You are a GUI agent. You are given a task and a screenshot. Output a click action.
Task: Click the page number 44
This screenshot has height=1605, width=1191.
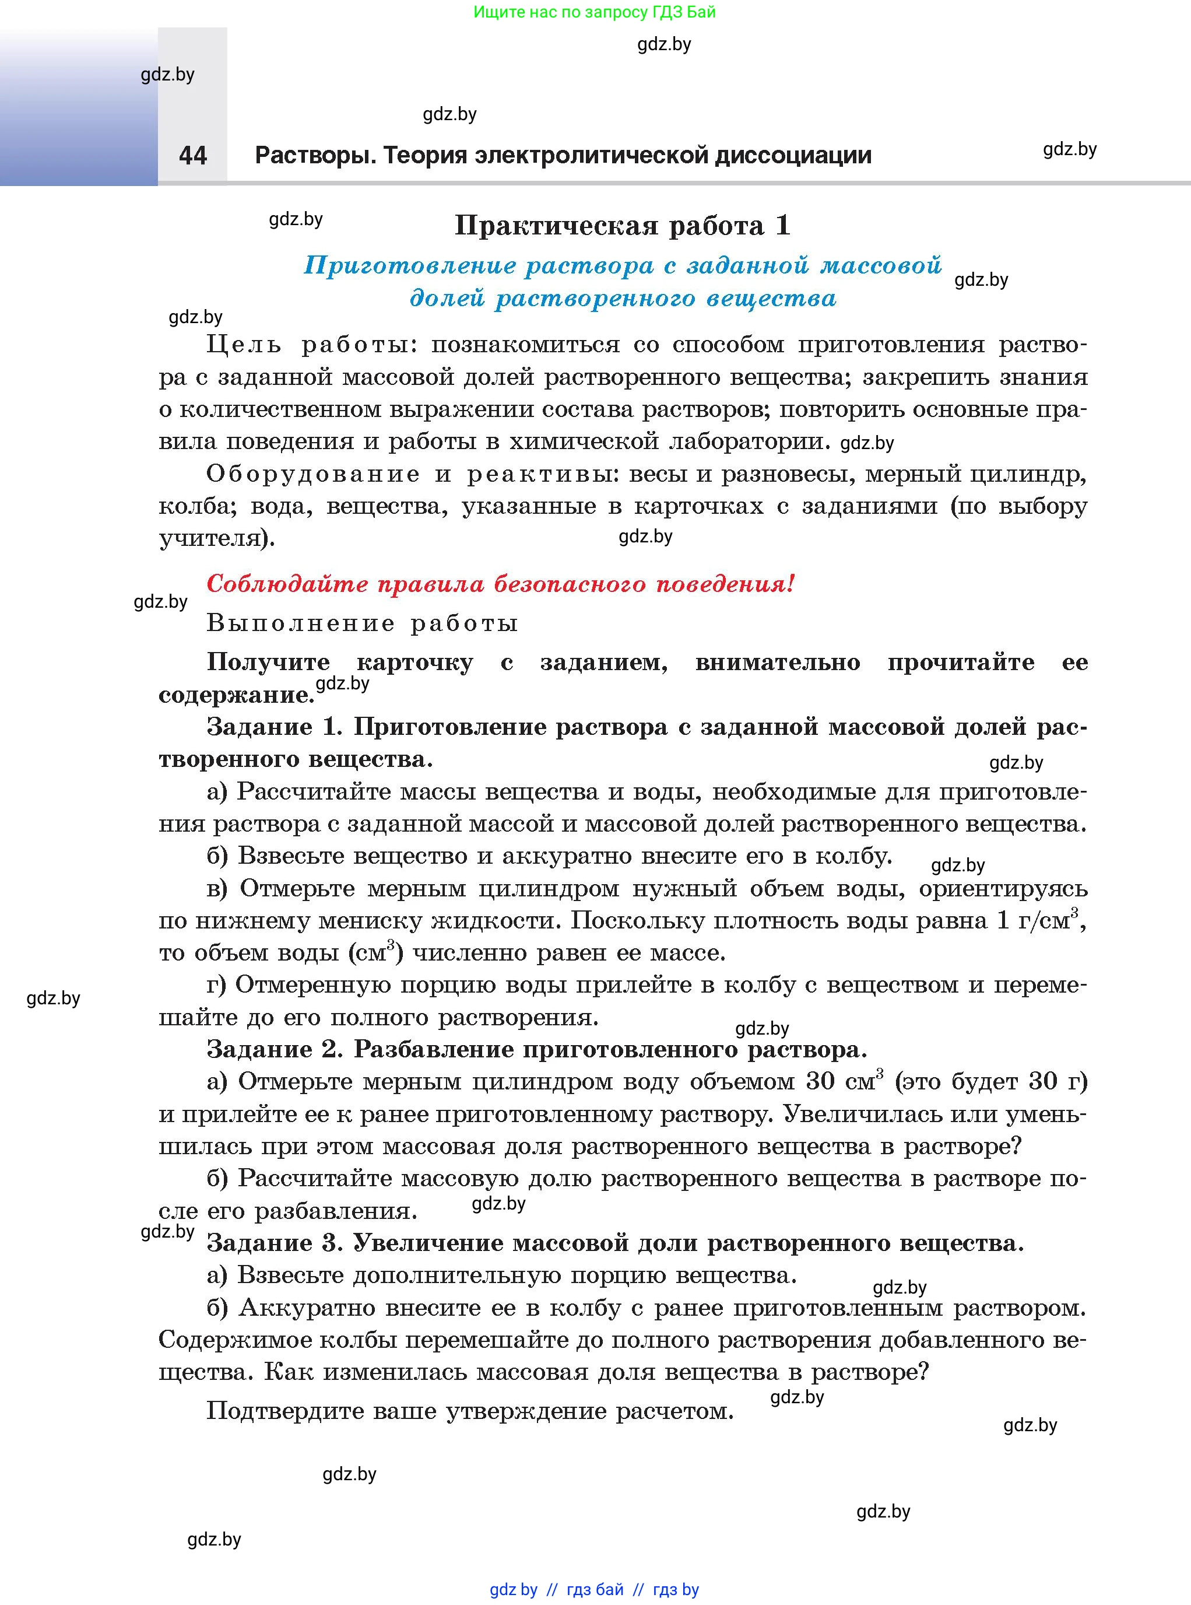192,155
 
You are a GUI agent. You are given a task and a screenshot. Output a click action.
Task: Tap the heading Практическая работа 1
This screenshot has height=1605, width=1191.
622,226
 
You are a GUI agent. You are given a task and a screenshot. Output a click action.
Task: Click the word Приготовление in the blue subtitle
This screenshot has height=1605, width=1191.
409,265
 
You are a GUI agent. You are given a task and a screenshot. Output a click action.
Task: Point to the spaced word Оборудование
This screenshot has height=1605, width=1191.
313,474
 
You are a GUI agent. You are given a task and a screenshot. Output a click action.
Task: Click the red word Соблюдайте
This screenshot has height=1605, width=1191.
287,584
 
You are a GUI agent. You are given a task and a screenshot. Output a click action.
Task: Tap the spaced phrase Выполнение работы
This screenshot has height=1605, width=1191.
362,622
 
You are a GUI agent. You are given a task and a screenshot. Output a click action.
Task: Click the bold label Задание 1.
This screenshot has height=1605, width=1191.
274,727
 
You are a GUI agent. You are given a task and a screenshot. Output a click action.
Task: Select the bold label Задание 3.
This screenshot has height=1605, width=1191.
274,1243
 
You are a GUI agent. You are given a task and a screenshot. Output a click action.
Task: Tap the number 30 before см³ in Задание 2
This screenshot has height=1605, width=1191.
820,1082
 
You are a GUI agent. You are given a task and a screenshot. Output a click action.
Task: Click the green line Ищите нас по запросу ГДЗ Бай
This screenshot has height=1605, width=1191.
594,12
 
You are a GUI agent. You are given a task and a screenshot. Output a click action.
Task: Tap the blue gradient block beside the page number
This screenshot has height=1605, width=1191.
78,108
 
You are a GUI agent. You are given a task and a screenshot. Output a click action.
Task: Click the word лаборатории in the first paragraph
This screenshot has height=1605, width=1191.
750,441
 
